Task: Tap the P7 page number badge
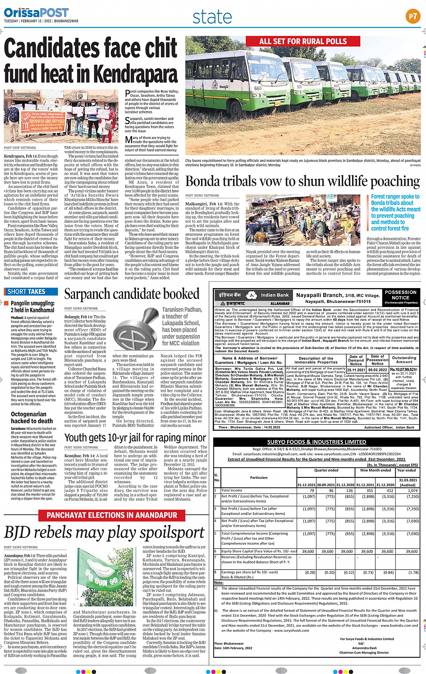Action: coord(412,17)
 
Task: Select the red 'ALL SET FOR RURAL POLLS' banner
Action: coord(302,41)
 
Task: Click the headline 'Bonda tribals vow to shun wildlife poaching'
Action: coord(302,181)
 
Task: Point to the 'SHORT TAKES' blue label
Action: coord(26,292)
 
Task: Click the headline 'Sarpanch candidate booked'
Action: coord(132,294)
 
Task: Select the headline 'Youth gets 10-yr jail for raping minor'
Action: coord(135,438)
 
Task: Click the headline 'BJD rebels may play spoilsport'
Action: coord(105,533)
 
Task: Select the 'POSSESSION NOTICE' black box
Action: coord(400,297)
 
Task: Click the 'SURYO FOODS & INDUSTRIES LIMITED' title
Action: coord(316,442)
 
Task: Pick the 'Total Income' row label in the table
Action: coord(232,491)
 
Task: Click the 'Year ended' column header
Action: coord(407,470)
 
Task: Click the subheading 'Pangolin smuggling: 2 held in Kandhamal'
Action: coord(32,307)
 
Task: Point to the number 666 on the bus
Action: coord(258,88)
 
